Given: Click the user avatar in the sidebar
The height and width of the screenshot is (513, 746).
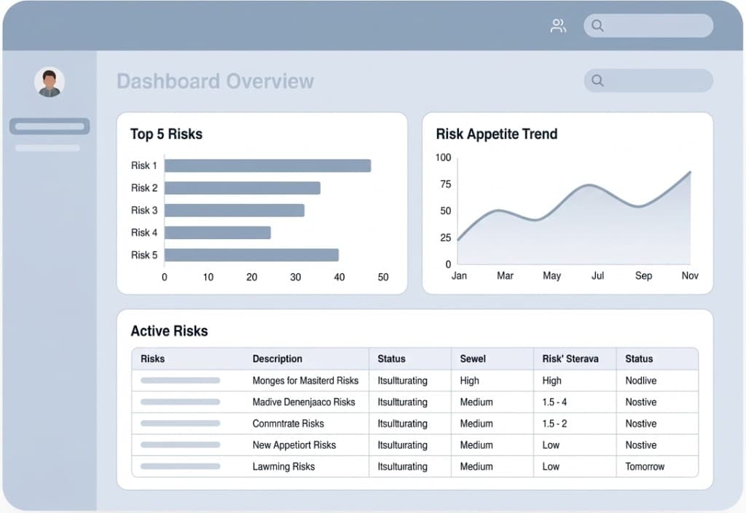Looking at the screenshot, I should pos(50,82).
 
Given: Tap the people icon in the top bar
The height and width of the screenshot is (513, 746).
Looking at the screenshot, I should pos(558,26).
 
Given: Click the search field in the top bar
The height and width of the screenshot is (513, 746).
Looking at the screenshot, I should pos(648,26).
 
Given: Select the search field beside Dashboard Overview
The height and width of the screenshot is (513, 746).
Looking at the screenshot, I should pos(648,81).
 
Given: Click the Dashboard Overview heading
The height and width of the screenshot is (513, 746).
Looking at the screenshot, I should pos(216,81).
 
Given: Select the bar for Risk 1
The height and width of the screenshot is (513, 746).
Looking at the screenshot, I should pos(267,165).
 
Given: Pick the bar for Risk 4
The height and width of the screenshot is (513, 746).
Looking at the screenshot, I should pos(218,232).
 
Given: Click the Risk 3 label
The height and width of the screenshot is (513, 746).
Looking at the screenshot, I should pos(144,210).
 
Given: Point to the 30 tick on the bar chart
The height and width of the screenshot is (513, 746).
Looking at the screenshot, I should pos(296,277).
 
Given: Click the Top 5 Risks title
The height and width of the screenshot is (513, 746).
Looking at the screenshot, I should pos(166,134).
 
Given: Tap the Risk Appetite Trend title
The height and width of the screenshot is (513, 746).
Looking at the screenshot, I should pos(496,134).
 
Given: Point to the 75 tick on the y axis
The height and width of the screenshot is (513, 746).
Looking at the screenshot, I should pos(444,184).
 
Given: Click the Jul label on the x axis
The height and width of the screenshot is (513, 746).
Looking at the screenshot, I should pos(597,275).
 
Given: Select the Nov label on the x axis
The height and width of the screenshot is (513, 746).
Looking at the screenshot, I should pos(690,275).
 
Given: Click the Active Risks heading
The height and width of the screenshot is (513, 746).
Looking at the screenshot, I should pos(169,331).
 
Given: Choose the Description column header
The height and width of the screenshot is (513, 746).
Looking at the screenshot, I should pos(277,359).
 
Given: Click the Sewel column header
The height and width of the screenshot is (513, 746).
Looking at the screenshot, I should pos(473,359).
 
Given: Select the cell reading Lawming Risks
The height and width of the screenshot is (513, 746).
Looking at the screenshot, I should pos(283,466).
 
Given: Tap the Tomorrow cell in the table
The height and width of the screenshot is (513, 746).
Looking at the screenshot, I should pos(645,466).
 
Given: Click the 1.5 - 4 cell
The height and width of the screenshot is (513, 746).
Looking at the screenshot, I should pos(554,402).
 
